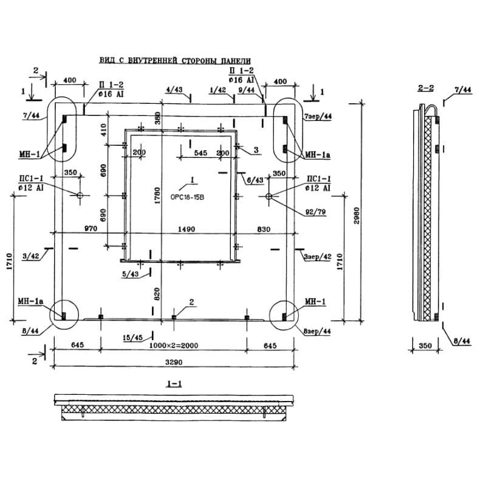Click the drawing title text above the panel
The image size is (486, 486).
tap(174, 61)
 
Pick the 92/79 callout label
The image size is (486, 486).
tap(315, 211)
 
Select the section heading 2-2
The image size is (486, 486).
tap(425, 89)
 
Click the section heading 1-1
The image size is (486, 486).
tap(174, 384)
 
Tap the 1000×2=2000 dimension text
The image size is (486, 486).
tap(173, 345)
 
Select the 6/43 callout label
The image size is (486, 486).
tap(255, 180)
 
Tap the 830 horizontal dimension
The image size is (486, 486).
tap(263, 228)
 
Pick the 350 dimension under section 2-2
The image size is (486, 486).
tap(425, 345)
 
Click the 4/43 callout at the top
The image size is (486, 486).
tap(174, 91)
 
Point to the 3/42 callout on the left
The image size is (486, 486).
tap(30, 256)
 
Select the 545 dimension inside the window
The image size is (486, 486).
tap(201, 153)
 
